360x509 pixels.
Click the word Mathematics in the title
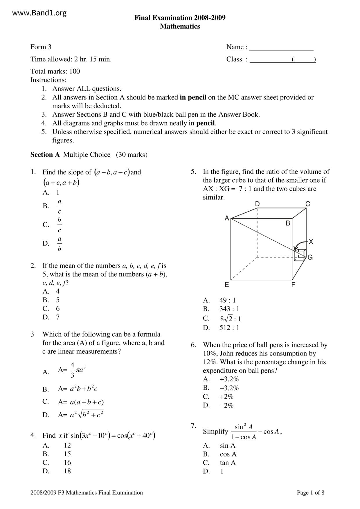tap(180, 26)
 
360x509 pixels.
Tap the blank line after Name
tap(281, 47)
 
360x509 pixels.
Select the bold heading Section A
tap(45, 155)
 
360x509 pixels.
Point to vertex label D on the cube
tap(257, 204)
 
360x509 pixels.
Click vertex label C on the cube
tap(308, 204)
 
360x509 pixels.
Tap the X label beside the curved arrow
tap(311, 241)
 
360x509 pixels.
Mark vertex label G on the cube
tap(310, 257)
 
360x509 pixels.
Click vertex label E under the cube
tap(227, 285)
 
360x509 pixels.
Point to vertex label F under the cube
tap(293, 285)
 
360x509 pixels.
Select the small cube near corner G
tap(300, 255)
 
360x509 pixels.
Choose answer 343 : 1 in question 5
tap(229, 309)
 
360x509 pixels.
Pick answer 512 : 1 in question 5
tap(229, 328)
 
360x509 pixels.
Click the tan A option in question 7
tap(228, 463)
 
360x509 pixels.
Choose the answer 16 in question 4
tap(67, 462)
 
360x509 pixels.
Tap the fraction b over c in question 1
tap(60, 225)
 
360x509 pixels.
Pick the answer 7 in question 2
tap(58, 317)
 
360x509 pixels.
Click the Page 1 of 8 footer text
tap(310, 492)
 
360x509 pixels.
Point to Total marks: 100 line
tap(55, 71)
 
